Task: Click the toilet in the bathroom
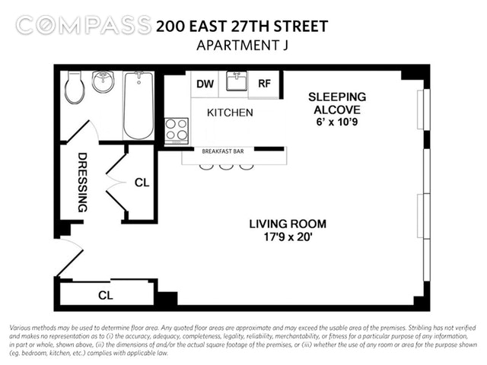tap(75, 87)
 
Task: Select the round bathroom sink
tap(103, 81)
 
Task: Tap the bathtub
tap(138, 106)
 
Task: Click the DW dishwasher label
tap(205, 84)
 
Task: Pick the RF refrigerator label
tap(264, 83)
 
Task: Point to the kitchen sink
tap(237, 81)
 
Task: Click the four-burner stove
tap(177, 131)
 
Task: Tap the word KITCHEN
tap(230, 113)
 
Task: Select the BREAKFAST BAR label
tap(223, 151)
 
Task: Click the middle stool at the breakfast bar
tap(226, 167)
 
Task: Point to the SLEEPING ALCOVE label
tap(337, 103)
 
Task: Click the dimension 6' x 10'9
tap(337, 122)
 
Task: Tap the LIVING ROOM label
tap(288, 224)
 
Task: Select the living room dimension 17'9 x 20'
tap(288, 237)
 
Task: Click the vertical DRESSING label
tap(82, 182)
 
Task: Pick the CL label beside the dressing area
tap(142, 182)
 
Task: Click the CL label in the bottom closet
tap(106, 295)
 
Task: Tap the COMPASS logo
tap(83, 25)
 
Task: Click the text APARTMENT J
tap(243, 46)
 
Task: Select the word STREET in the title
tap(301, 26)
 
